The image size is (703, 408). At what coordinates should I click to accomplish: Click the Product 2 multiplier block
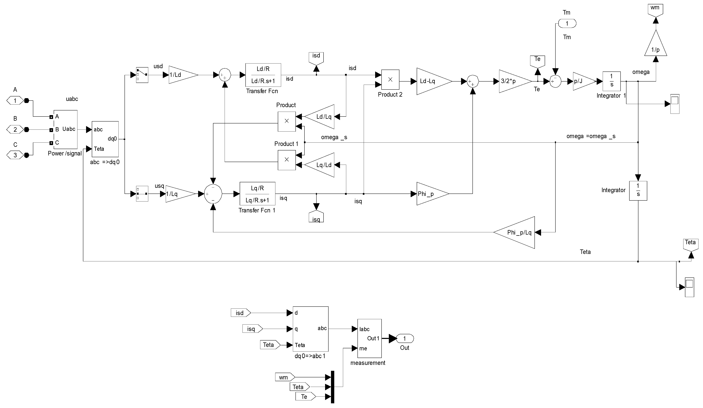point(390,79)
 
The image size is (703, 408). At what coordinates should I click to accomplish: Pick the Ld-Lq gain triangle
point(431,81)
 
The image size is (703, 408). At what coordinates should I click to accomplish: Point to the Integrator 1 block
point(612,81)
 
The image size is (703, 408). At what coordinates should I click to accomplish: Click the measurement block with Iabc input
point(369,338)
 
